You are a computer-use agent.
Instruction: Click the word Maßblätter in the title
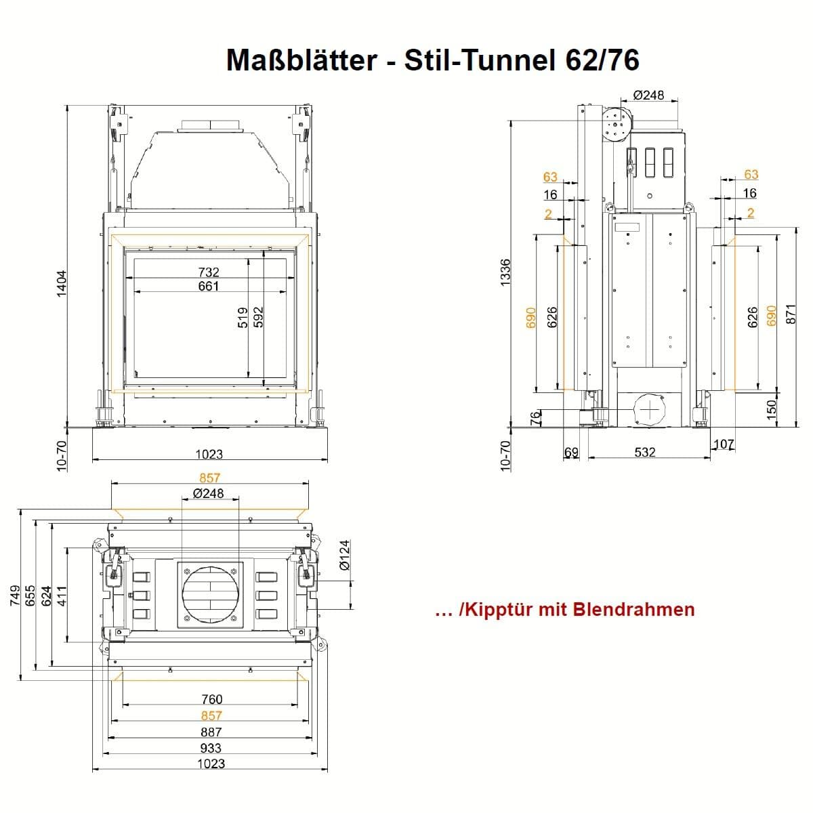[301, 60]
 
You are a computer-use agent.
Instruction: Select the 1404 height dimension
[62, 283]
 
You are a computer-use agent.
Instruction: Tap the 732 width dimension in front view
[209, 272]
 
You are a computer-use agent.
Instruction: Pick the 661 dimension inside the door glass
[209, 286]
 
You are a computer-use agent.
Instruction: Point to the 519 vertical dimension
[243, 317]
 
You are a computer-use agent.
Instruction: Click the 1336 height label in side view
[505, 272]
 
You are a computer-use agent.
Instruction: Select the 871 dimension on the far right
[791, 314]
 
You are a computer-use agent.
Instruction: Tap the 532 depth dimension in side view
[646, 453]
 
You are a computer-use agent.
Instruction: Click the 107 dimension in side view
[724, 444]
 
